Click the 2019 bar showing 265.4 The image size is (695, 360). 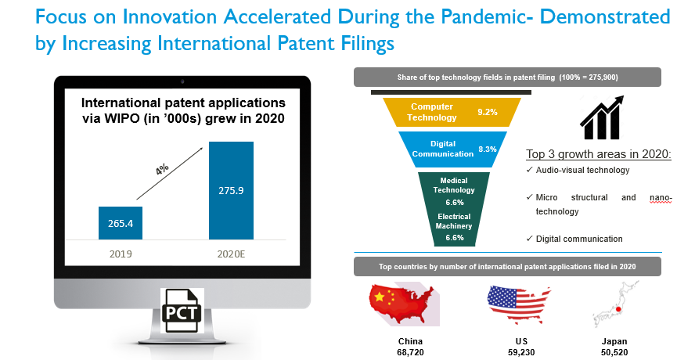[x=121, y=223]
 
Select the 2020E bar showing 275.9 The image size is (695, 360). [x=232, y=191]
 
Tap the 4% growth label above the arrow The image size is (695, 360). [x=162, y=169]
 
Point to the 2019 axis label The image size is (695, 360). [x=121, y=254]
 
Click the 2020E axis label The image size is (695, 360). [x=231, y=254]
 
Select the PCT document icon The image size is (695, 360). [x=182, y=311]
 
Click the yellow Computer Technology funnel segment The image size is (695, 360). [x=452, y=112]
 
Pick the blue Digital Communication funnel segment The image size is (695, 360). [x=452, y=149]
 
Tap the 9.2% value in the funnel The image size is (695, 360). [x=487, y=112]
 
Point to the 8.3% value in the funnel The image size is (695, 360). [x=487, y=149]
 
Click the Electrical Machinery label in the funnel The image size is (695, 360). [x=454, y=221]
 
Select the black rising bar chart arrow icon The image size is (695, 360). [x=602, y=117]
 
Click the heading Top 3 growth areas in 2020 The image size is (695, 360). [x=599, y=154]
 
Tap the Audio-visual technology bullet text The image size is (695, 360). [x=582, y=170]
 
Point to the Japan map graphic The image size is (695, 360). [x=616, y=304]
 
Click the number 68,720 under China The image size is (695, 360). [x=410, y=352]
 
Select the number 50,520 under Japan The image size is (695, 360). [x=614, y=352]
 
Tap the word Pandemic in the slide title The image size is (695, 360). [x=480, y=17]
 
